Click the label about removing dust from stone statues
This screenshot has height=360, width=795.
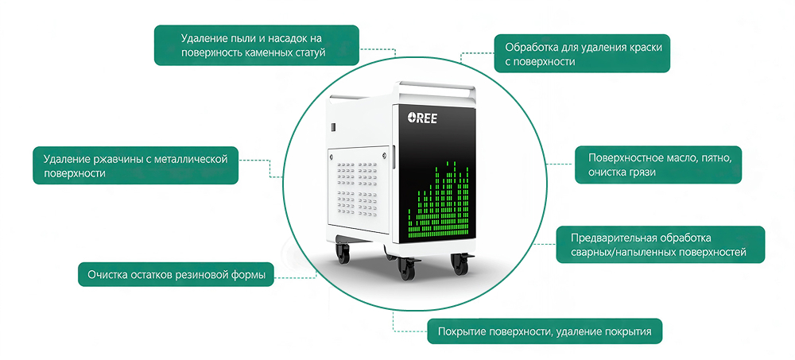click(256, 45)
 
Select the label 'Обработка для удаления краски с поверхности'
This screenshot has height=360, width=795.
click(582, 54)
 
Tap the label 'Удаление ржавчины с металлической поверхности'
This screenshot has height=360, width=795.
click(136, 165)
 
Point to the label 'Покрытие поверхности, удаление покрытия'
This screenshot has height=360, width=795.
click(545, 331)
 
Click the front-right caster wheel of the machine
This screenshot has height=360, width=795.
click(460, 263)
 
